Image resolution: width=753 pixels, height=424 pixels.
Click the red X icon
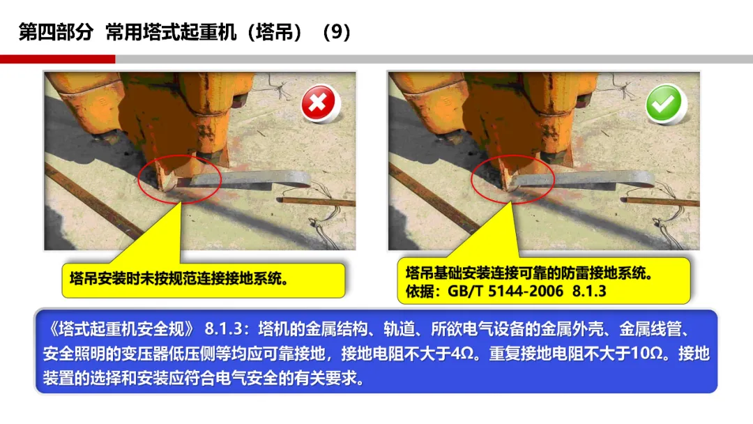(319, 103)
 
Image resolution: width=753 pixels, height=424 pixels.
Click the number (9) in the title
(337, 32)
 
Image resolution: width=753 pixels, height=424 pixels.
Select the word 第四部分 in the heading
(56, 32)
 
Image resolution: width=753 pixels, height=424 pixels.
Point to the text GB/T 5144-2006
(505, 291)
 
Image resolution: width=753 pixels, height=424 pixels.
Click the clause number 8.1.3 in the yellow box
(589, 291)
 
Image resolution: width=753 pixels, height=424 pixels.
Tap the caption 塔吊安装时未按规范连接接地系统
(178, 278)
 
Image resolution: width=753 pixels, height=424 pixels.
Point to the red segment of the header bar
(58, 59)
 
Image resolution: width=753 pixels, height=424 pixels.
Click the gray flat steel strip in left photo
(250, 180)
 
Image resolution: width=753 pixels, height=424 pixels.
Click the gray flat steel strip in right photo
(584, 180)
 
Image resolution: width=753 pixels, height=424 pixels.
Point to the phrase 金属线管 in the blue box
(651, 329)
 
